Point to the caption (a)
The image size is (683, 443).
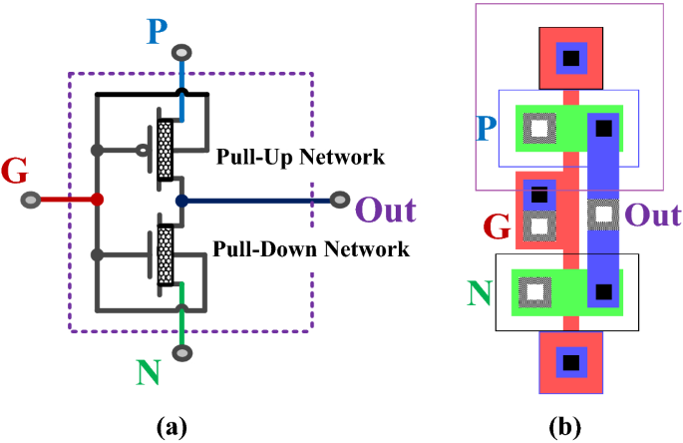(x=172, y=427)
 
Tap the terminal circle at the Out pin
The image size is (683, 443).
(x=339, y=200)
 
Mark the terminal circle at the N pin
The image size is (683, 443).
(x=181, y=352)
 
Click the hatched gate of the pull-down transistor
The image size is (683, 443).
(x=165, y=253)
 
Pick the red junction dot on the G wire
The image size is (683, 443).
(x=97, y=200)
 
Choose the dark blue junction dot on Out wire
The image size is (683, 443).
(x=181, y=201)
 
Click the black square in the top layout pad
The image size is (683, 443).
(x=570, y=58)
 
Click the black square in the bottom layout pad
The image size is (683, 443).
(x=570, y=360)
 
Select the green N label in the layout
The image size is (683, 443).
(x=480, y=292)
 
